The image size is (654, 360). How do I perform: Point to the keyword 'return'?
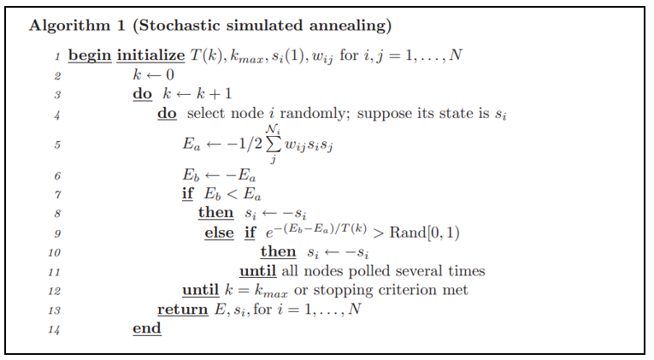coord(182,310)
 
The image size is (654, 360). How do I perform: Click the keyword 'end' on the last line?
coord(146,328)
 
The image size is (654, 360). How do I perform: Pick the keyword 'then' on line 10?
coord(278,252)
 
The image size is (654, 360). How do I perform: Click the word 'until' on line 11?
coord(259,271)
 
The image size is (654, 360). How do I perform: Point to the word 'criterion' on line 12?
coord(404,291)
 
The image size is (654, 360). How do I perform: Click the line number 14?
coord(56,329)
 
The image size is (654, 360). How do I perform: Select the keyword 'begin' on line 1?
coord(89,56)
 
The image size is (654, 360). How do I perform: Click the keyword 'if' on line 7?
coord(187,194)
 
